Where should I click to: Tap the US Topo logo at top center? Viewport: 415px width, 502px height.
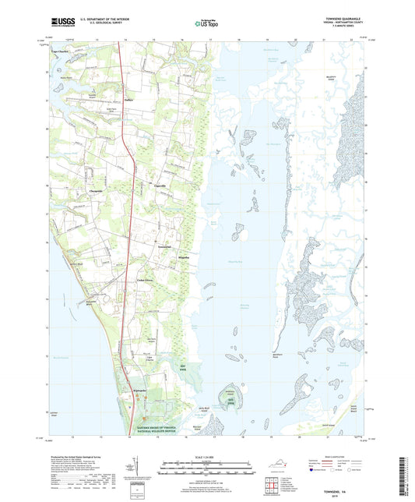[206, 23]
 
